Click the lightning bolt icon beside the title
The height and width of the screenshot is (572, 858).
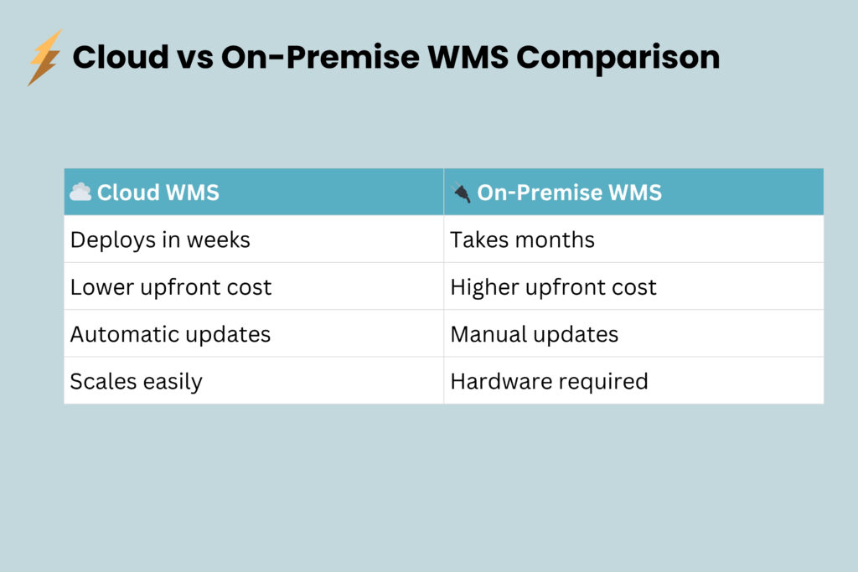click(44, 57)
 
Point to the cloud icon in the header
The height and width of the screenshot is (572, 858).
click(80, 192)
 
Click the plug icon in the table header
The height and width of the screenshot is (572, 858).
click(461, 193)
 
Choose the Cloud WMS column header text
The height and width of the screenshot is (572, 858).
click(158, 193)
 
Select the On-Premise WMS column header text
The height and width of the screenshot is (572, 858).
click(569, 193)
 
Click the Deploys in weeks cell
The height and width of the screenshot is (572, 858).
click(160, 240)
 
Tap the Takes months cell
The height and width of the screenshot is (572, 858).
click(522, 240)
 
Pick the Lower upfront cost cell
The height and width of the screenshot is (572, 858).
click(171, 287)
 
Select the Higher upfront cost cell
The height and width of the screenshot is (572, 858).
click(553, 287)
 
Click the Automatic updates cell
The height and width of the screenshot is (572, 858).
click(170, 334)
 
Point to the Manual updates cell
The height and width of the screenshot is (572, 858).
click(534, 334)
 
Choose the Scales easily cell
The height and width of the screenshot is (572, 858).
click(136, 381)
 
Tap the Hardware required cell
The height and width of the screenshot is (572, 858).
click(549, 381)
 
